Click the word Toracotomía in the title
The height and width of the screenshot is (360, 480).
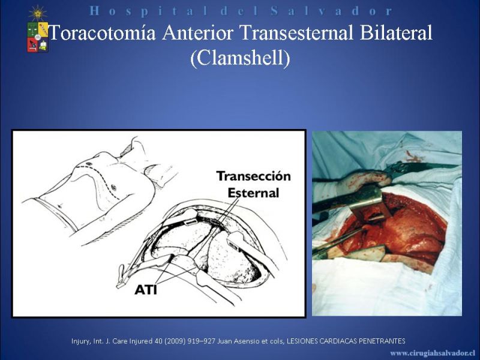click(102, 32)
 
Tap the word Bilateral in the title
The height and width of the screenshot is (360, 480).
click(396, 32)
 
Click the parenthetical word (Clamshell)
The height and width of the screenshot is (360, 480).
click(240, 58)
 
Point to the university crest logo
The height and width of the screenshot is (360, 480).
click(38, 37)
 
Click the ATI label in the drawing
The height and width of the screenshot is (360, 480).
click(146, 290)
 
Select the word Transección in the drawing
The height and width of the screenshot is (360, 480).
click(253, 176)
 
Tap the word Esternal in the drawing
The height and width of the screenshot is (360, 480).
click(253, 193)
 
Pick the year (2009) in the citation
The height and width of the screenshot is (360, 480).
click(175, 341)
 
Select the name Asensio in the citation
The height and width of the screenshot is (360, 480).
click(242, 341)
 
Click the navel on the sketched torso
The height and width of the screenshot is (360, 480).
click(59, 206)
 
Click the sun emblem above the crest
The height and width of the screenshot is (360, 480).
click(38, 13)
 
